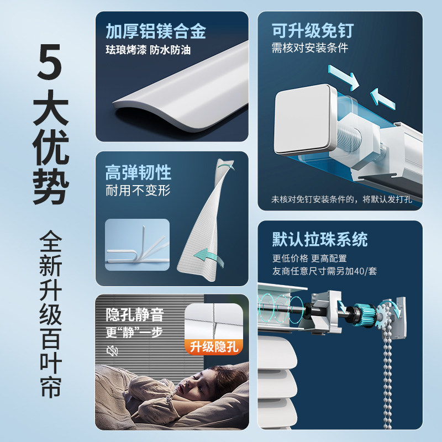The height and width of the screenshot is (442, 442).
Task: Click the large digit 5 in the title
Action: pyautogui.click(x=49, y=62)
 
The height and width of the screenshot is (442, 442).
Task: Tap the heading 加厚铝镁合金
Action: pyautogui.click(x=156, y=31)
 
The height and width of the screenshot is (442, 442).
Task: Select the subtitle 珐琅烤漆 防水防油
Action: pyautogui.click(x=148, y=50)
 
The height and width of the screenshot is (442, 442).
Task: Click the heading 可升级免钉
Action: pyautogui.click(x=313, y=30)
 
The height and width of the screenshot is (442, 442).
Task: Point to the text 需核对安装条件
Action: pyautogui.click(x=310, y=48)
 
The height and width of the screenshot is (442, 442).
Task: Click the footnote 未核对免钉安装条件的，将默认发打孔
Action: pyautogui.click(x=341, y=199)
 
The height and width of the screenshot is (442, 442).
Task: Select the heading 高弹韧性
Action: pyautogui.click(x=138, y=172)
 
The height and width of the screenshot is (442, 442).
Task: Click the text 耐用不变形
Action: pyautogui.click(x=138, y=191)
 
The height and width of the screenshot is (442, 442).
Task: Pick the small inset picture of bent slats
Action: pyautogui.click(x=137, y=245)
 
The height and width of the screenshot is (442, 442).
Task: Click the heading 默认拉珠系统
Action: pyautogui.click(x=320, y=240)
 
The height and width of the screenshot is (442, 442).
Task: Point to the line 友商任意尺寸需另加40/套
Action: pyautogui.click(x=324, y=271)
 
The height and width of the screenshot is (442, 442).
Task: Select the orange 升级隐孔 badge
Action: pyautogui.click(x=214, y=347)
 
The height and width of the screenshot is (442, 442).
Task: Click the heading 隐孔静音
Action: pyautogui.click(x=135, y=314)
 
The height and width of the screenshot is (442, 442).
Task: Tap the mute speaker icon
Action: pyautogui.click(x=112, y=351)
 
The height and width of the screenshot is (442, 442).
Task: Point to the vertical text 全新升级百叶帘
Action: pyautogui.click(x=50, y=314)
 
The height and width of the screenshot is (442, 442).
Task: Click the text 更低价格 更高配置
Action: pyautogui.click(x=309, y=258)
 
